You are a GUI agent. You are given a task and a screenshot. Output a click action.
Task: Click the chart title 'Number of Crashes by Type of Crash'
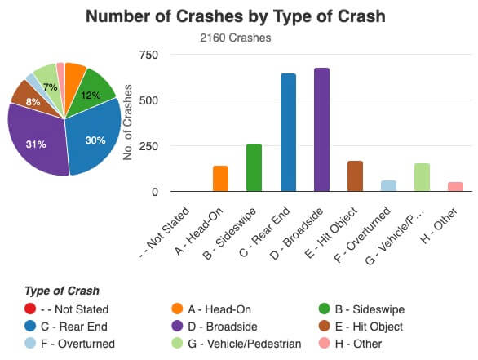pyautogui.click(x=237, y=16)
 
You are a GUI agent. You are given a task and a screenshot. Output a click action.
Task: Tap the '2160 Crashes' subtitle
pyautogui.click(x=236, y=38)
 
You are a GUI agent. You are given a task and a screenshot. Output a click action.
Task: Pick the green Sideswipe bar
pyautogui.click(x=254, y=167)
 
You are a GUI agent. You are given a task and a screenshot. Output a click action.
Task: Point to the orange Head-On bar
pyautogui.click(x=220, y=178)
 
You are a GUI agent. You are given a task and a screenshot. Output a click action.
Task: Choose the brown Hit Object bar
pyautogui.click(x=355, y=176)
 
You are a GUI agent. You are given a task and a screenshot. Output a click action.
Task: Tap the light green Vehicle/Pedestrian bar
pyautogui.click(x=422, y=177)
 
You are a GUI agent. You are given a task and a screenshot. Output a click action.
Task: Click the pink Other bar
pyautogui.click(x=455, y=187)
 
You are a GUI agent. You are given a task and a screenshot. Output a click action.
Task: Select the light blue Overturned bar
pyautogui.click(x=388, y=186)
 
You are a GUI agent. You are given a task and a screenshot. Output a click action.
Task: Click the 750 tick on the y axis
pyautogui.click(x=148, y=55)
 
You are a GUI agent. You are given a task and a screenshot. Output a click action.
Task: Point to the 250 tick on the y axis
pyautogui.click(x=148, y=146)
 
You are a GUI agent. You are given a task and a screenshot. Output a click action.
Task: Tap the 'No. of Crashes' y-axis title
pyautogui.click(x=128, y=122)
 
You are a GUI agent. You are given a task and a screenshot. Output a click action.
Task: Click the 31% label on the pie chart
pyautogui.click(x=36, y=144)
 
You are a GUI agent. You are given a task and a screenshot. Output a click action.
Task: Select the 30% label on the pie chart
pyautogui.click(x=95, y=140)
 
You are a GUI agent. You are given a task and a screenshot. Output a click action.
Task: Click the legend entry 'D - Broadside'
pyautogui.click(x=209, y=327)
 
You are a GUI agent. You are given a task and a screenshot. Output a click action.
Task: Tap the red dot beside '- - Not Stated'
pyautogui.click(x=31, y=309)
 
